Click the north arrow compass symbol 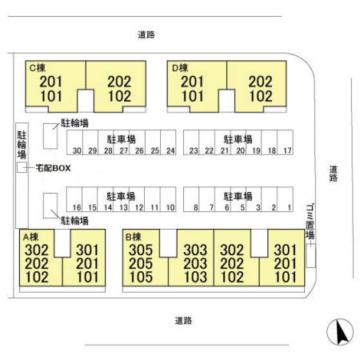340,332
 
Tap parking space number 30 75,142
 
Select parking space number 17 286,142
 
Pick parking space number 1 286,199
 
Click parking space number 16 74,199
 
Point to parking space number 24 168,142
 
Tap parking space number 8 191,199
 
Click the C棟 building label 38,68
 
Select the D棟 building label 180,68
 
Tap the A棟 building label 30,237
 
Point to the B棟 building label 133,237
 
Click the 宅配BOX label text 53,168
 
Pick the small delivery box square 22,167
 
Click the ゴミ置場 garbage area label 310,222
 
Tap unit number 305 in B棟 141,250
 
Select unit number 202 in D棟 261,82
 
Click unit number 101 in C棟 51,96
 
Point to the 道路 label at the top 146,34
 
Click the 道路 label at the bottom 183,321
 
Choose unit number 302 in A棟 37,250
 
